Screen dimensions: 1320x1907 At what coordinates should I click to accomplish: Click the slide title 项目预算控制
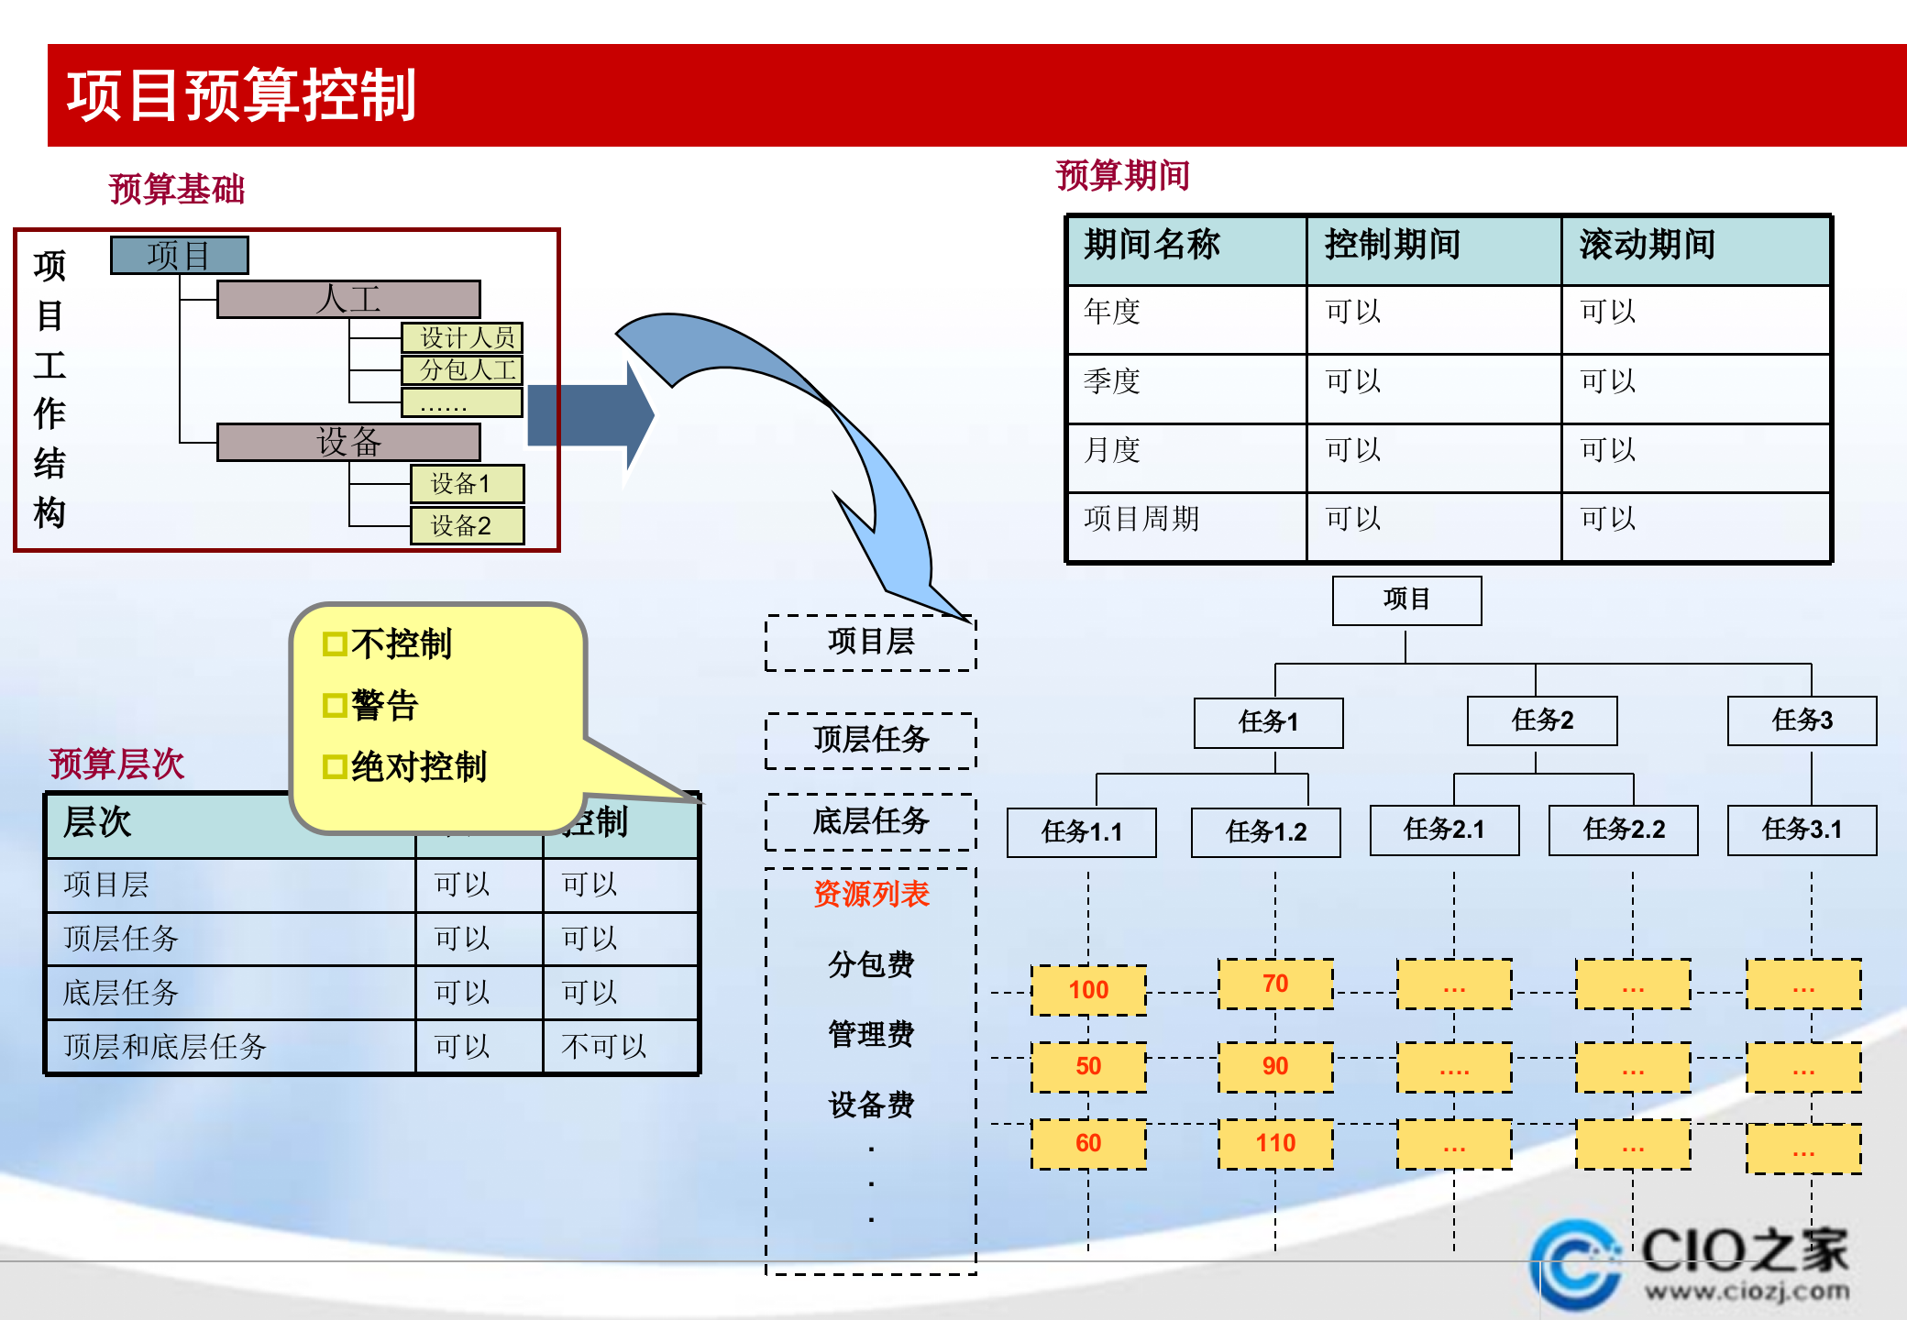pos(242,95)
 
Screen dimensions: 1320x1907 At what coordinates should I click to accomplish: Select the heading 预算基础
pos(177,190)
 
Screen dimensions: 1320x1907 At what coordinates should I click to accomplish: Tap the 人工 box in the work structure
pos(348,300)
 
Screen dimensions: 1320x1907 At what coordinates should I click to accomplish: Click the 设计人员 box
pos(462,337)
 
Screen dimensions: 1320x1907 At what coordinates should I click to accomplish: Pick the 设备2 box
pos(467,526)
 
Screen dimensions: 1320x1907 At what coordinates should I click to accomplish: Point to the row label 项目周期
pos(1141,519)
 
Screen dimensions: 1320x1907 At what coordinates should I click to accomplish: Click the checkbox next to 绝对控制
pos(335,767)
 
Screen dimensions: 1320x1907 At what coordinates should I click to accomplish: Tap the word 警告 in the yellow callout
pos(385,706)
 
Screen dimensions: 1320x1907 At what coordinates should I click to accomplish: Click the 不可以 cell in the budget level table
pos(603,1046)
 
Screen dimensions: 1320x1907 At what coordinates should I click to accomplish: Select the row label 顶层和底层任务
pos(165,1046)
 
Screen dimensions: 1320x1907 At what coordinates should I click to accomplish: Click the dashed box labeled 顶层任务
pos(870,740)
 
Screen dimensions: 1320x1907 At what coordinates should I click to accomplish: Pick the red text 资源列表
pos(871,894)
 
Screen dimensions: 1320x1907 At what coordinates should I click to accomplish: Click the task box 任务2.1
pos(1444,830)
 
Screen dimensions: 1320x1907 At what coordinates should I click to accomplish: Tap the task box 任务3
pos(1802,720)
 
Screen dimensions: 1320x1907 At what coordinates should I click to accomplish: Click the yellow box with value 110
pos(1275,1143)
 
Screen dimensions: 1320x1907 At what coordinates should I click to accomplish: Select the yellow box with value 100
pos(1088,990)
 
